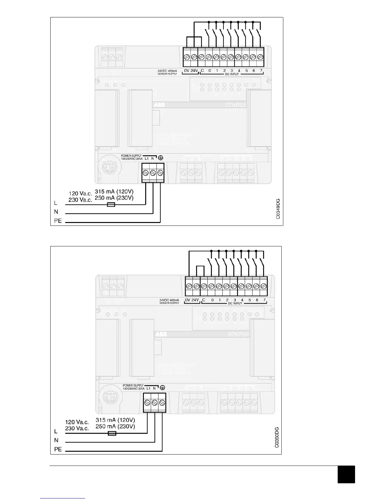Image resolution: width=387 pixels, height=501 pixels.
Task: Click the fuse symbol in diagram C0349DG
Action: (x=111, y=205)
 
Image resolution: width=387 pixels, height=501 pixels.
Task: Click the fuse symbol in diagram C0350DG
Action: (x=112, y=433)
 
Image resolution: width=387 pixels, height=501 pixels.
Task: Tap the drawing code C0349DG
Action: (x=278, y=209)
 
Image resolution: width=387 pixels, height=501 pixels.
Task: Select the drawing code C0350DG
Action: (x=277, y=437)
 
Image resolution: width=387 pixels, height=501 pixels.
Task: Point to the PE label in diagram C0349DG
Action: (x=58, y=221)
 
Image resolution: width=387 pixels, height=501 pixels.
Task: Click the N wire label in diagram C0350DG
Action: (x=56, y=440)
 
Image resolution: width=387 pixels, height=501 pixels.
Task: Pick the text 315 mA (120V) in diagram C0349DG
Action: (x=114, y=192)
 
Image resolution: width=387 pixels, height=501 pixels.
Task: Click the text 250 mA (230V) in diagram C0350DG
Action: (x=115, y=426)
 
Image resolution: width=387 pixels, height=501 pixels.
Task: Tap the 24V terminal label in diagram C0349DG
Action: (x=194, y=71)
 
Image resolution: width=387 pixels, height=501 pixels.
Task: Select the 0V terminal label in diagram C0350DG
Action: (x=187, y=300)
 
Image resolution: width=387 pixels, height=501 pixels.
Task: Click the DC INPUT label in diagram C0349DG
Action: (x=232, y=74)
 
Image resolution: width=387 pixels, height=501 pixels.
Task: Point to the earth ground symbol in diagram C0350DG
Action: (x=163, y=388)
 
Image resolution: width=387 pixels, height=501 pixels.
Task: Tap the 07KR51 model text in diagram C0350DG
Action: (x=239, y=334)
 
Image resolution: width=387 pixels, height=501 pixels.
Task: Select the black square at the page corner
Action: (x=346, y=474)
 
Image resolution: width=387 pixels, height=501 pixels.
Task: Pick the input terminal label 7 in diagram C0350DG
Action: (x=264, y=300)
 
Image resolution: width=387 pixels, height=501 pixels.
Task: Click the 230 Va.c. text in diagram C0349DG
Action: (x=80, y=200)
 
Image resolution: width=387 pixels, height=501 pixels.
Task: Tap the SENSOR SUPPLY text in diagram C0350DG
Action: (x=169, y=303)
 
